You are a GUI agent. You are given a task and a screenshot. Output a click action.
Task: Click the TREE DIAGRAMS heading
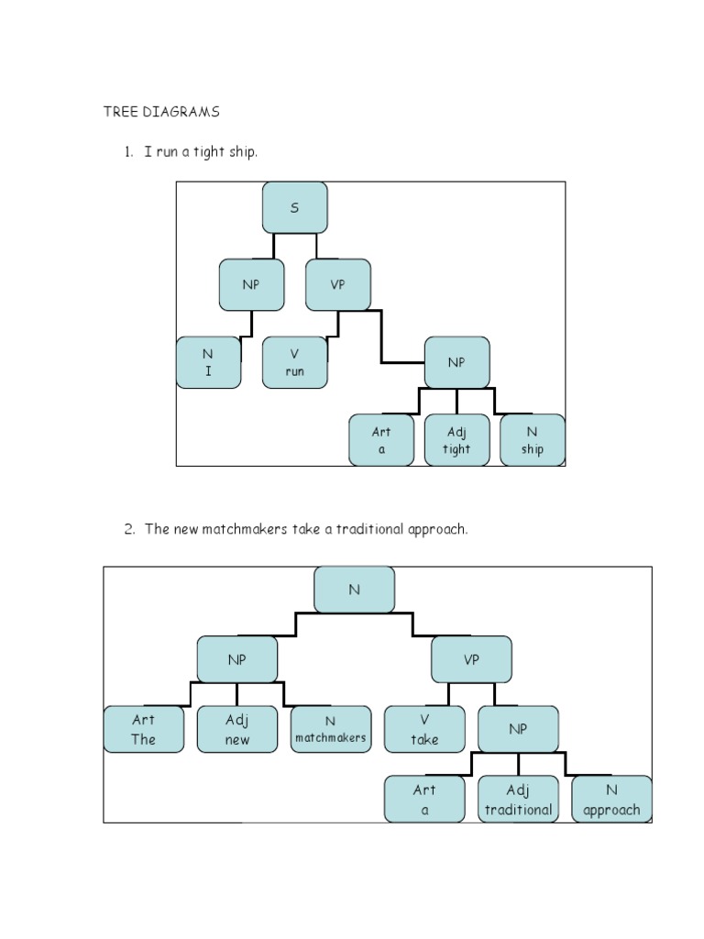[160, 113]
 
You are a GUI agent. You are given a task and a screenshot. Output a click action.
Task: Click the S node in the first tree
[294, 207]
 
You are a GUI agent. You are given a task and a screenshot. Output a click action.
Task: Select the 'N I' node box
[208, 362]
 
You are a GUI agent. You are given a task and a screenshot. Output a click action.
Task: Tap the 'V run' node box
[294, 362]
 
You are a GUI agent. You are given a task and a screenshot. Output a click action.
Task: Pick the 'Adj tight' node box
[456, 440]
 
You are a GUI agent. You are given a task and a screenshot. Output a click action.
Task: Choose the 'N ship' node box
[533, 440]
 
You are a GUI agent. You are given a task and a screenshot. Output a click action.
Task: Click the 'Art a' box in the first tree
[381, 440]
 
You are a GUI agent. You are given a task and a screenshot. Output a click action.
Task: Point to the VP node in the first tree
[338, 284]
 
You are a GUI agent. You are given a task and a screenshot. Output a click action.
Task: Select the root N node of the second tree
[354, 590]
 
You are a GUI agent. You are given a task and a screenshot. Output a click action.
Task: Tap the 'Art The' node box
[144, 729]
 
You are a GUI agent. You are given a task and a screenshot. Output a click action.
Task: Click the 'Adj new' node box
[236, 729]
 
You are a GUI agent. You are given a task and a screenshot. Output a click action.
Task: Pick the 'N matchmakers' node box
[330, 729]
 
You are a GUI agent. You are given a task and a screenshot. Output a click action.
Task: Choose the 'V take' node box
[424, 729]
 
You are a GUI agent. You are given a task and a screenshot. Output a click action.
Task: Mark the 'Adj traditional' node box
[518, 799]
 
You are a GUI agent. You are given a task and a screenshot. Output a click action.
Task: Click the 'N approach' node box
[611, 799]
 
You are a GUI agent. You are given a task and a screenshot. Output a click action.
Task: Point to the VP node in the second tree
[471, 659]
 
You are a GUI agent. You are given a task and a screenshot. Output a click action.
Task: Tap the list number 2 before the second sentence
[128, 529]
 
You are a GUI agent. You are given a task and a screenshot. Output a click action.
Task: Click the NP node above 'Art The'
[236, 659]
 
